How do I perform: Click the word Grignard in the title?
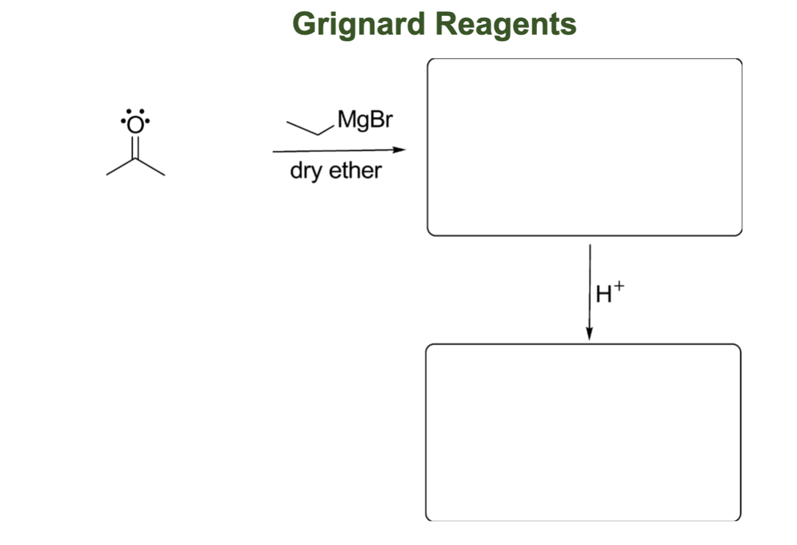358,25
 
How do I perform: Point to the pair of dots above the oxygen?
135,112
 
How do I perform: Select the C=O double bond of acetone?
135,147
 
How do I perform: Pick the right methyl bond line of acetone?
150,167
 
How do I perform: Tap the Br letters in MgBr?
381,121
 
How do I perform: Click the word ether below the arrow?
355,171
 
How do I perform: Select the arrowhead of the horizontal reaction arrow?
399,150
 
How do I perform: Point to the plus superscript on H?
618,286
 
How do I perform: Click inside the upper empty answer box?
584,147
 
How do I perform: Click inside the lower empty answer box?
583,432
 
